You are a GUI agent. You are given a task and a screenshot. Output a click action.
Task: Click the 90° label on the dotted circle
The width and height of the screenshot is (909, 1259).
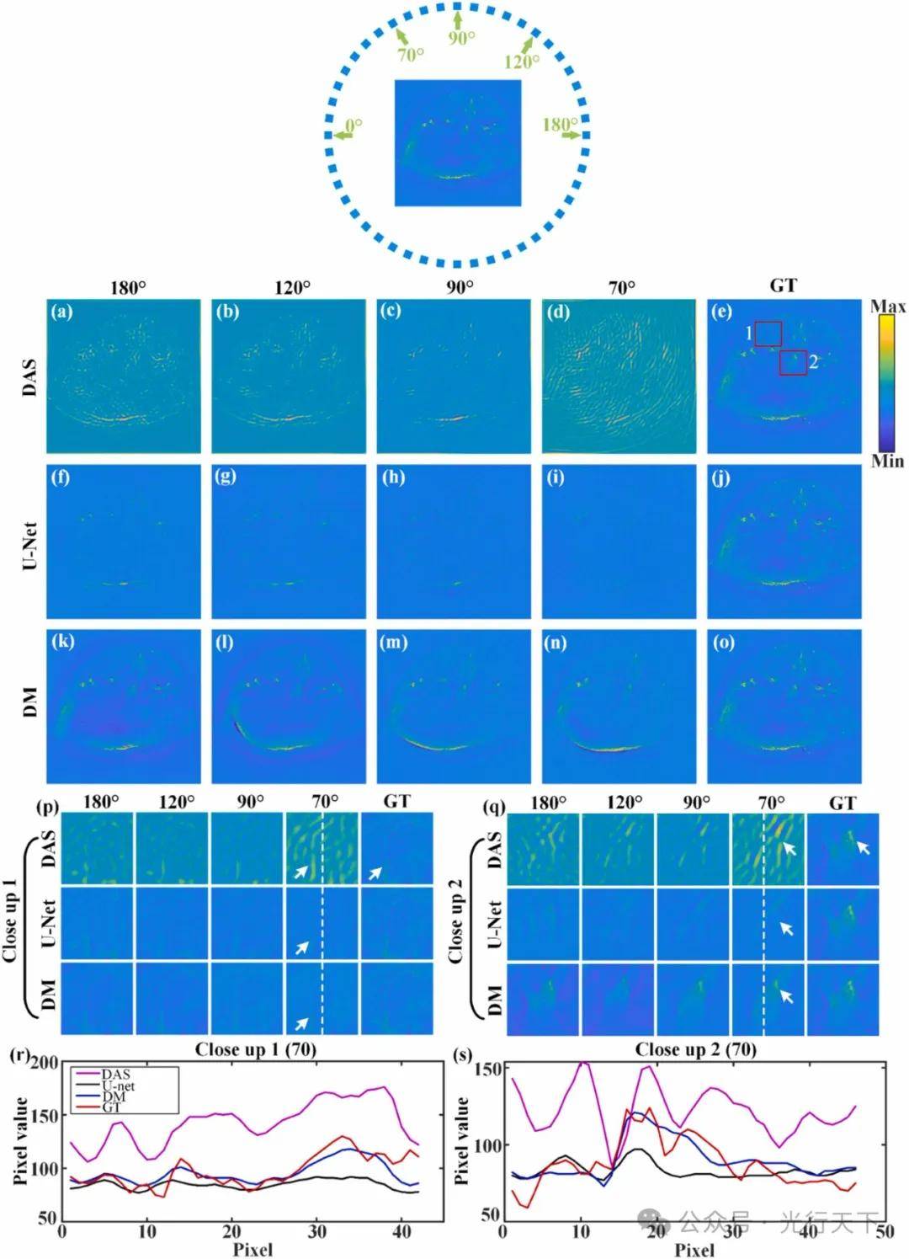pyautogui.click(x=460, y=38)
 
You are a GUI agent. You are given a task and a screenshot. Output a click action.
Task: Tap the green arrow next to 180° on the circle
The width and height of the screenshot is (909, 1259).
pyautogui.click(x=571, y=134)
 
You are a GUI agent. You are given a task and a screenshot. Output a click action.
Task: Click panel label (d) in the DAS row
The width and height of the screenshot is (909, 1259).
pyautogui.click(x=557, y=312)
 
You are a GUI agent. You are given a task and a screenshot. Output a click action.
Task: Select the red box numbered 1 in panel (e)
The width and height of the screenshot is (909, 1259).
pyautogui.click(x=768, y=333)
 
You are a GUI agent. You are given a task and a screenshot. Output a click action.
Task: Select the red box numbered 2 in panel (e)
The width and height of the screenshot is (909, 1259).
pyautogui.click(x=793, y=362)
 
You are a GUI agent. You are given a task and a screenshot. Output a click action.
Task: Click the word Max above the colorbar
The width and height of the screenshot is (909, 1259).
pyautogui.click(x=888, y=307)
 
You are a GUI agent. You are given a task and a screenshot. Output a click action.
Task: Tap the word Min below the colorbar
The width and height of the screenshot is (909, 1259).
pyautogui.click(x=887, y=461)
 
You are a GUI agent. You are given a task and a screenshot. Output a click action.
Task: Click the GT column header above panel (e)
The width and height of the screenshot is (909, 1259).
pyautogui.click(x=783, y=286)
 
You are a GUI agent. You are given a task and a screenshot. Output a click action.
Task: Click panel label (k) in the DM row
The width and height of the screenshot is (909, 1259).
pyautogui.click(x=62, y=643)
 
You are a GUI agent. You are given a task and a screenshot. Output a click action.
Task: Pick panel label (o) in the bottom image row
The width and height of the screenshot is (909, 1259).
pyautogui.click(x=723, y=643)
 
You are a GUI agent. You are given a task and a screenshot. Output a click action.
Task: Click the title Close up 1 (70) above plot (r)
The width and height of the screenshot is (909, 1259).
pyautogui.click(x=256, y=1049)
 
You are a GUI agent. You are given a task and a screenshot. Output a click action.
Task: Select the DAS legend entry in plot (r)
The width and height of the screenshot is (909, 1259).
pyautogui.click(x=116, y=1074)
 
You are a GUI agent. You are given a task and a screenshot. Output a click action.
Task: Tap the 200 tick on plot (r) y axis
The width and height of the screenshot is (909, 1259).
pyautogui.click(x=44, y=1064)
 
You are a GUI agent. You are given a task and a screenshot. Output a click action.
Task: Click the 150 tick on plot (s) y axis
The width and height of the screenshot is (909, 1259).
pyautogui.click(x=489, y=1069)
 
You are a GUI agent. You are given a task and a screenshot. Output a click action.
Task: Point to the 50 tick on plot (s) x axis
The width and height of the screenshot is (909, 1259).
pyautogui.click(x=885, y=1231)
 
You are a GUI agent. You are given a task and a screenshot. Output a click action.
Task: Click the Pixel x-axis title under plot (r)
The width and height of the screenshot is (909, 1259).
pyautogui.click(x=252, y=1248)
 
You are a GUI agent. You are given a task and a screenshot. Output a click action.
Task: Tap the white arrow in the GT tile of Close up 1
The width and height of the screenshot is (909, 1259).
pyautogui.click(x=375, y=873)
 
